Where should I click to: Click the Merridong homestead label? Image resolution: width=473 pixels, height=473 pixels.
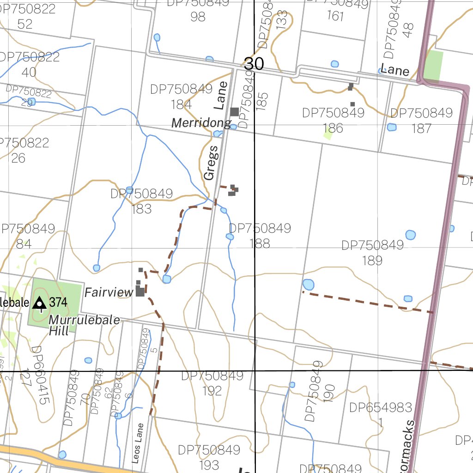pyautogui.click(x=201, y=123)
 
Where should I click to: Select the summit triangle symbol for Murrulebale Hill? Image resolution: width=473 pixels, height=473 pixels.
pyautogui.click(x=40, y=303)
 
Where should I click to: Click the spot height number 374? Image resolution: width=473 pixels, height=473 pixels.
pyautogui.click(x=58, y=303)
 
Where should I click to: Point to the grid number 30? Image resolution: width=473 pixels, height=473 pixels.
pyautogui.click(x=254, y=64)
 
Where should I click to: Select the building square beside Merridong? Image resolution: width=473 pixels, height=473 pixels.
pyautogui.click(x=235, y=111)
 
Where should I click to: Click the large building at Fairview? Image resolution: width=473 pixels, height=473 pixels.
pyautogui.click(x=140, y=291)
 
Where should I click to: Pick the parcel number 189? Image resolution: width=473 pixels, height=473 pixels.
pyautogui.click(x=372, y=261)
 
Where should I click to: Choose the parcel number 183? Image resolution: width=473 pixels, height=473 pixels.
pyautogui.click(x=141, y=209)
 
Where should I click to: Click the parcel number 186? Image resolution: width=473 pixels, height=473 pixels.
pyautogui.click(x=333, y=128)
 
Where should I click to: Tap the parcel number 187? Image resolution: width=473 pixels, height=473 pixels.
pyautogui.click(x=421, y=128)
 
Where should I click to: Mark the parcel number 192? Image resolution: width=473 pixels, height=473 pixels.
pyautogui.click(x=212, y=391)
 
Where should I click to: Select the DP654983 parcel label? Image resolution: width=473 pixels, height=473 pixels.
pyautogui.click(x=380, y=407)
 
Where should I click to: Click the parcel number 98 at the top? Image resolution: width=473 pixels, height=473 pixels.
pyautogui.click(x=198, y=17)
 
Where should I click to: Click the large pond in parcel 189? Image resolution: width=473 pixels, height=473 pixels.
pyautogui.click(x=308, y=285)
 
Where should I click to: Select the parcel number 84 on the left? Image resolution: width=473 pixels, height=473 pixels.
pyautogui.click(x=24, y=244)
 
